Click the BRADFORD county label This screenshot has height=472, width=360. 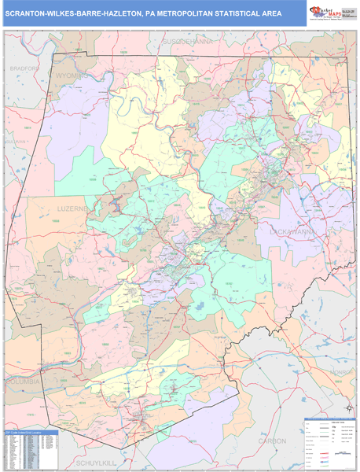24,68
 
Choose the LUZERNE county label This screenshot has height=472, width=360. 75,209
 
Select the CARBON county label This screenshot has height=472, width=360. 273,441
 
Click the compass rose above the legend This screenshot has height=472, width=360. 347,409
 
